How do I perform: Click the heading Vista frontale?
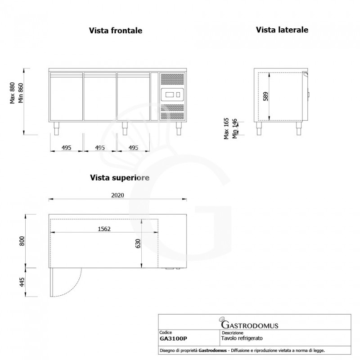pos(116,31)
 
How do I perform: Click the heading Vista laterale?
pos(282,30)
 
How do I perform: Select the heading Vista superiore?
pos(120,178)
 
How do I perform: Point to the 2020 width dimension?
pos(118,195)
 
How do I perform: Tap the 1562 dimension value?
pos(104,229)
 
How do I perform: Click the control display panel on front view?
pos(172,95)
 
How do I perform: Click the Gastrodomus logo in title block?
pos(249,324)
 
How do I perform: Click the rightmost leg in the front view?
pos(178,128)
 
